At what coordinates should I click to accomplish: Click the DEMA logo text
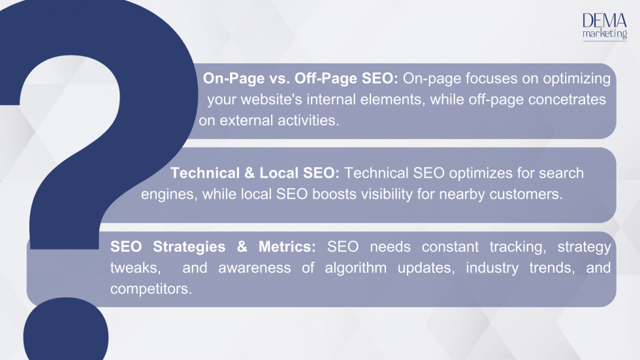(604, 21)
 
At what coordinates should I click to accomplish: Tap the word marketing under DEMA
(604, 35)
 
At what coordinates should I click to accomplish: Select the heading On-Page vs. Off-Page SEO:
(300, 79)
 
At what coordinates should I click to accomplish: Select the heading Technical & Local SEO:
(255, 173)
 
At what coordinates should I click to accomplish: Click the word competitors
(151, 289)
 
